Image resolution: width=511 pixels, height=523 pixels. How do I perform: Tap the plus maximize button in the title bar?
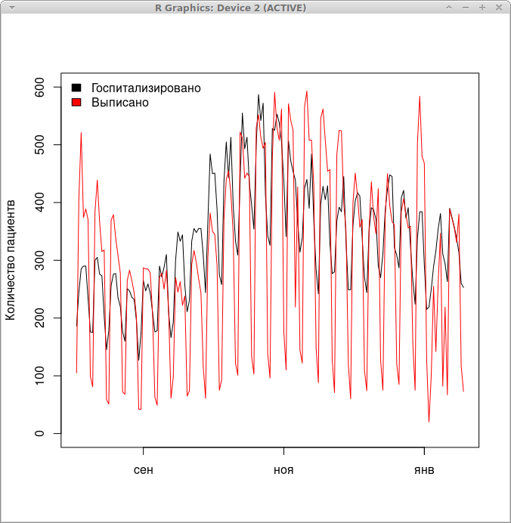pos(482,7)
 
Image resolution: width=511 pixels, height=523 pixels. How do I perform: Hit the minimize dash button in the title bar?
pos(466,7)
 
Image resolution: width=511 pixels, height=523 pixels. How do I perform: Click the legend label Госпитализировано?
pos(145,88)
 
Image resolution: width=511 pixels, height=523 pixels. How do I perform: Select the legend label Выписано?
pos(120,102)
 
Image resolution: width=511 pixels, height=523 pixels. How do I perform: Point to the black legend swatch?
pos(76,88)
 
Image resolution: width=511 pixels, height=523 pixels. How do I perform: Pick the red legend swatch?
pos(76,102)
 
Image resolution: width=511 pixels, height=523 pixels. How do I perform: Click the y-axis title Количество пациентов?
pos(11,259)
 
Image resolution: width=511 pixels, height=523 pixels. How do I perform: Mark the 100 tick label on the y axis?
pos(45,376)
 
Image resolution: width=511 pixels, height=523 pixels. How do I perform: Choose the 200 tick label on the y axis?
pos(45,318)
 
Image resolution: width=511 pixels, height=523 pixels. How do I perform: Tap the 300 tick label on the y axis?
pos(45,261)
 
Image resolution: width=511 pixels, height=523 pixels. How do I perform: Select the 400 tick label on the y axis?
pos(45,203)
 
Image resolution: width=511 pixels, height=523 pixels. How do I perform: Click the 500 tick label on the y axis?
pos(45,145)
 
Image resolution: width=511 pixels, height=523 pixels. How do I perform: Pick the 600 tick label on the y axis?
pos(45,88)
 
